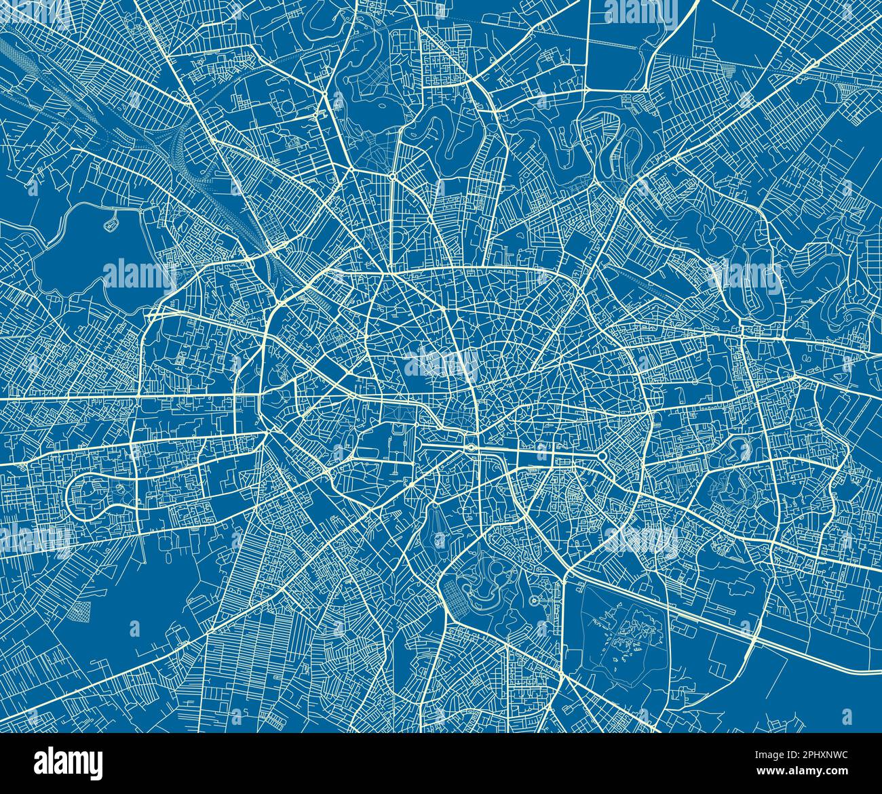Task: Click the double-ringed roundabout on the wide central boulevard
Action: coord(469,448)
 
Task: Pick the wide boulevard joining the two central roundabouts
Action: coord(536,452)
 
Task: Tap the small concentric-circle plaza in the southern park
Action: coord(533,600)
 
